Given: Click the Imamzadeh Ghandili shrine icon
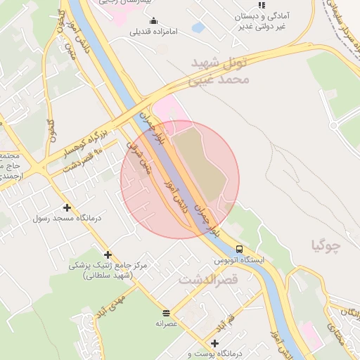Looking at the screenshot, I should [154, 20].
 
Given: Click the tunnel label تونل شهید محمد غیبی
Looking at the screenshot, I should [219, 72].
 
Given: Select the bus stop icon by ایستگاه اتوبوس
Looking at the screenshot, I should [240, 249].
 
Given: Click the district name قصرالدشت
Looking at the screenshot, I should [209, 280].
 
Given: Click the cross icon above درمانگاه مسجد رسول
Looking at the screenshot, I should [67, 207].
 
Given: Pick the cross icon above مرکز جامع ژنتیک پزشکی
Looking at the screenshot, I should [108, 255].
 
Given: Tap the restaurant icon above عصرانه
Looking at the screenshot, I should [166, 313].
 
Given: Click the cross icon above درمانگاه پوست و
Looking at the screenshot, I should [215, 342].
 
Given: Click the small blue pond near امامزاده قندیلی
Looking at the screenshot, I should [198, 28].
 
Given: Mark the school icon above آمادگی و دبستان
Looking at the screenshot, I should [262, 5].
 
